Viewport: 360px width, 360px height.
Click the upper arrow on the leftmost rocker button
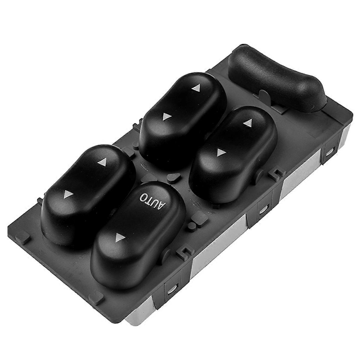pos(103,163)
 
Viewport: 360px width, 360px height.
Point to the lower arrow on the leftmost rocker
pos(67,196)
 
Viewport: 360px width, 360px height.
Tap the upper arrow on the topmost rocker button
pos(196,88)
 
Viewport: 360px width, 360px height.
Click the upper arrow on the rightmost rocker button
pos(247,122)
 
